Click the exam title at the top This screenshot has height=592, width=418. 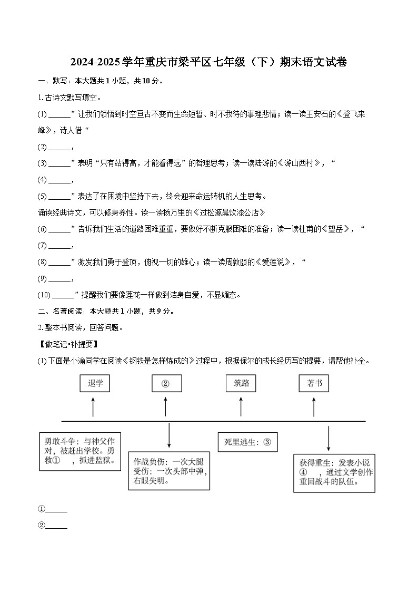click(x=208, y=62)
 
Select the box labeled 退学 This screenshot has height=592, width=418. click(x=95, y=383)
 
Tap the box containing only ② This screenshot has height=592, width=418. click(x=166, y=383)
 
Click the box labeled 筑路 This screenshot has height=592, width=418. click(x=242, y=383)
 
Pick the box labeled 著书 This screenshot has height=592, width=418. click(x=314, y=383)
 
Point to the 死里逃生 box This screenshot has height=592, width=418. click(x=247, y=442)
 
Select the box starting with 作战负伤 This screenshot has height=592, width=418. click(x=168, y=470)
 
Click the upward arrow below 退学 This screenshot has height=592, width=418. click(x=93, y=407)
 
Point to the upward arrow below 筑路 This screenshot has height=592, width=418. click(x=241, y=407)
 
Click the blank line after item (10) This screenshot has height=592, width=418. click(x=63, y=295)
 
